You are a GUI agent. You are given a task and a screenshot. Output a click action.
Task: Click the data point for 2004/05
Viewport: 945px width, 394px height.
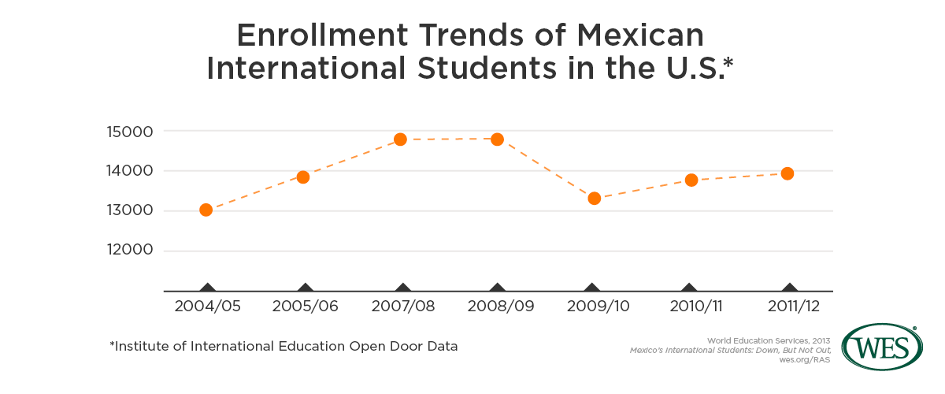pyautogui.click(x=206, y=210)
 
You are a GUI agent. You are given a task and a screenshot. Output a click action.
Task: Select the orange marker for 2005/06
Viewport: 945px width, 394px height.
pyautogui.click(x=303, y=177)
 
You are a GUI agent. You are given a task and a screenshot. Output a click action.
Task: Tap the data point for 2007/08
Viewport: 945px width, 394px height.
pyautogui.click(x=400, y=139)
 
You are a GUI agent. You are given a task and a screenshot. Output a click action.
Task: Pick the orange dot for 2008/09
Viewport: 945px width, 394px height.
pyautogui.click(x=497, y=139)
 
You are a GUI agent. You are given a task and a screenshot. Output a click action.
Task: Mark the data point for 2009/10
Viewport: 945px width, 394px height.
pyautogui.click(x=595, y=198)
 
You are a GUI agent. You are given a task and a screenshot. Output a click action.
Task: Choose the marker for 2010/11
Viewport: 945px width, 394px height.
pyautogui.click(x=691, y=180)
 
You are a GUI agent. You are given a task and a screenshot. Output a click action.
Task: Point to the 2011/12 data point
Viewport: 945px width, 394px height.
pyautogui.click(x=787, y=173)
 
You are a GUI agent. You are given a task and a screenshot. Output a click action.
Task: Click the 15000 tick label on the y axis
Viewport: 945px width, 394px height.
pyautogui.click(x=131, y=131)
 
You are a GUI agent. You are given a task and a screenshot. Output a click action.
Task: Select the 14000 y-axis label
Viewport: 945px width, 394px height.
pyautogui.click(x=131, y=171)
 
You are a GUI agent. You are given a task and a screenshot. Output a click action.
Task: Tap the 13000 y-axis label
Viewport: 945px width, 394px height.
pyautogui.click(x=131, y=211)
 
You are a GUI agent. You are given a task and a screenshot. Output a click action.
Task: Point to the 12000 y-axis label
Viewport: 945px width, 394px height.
pyautogui.click(x=131, y=251)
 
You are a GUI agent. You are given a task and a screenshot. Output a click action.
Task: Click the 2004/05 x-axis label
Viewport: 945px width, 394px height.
pyautogui.click(x=206, y=307)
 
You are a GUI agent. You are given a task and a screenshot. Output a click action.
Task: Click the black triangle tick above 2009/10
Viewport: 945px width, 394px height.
pyautogui.click(x=592, y=288)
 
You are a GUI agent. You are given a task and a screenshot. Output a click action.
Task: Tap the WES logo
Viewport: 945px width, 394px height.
pyautogui.click(x=883, y=345)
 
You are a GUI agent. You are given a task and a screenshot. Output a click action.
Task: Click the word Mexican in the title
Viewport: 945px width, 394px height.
pyautogui.click(x=639, y=36)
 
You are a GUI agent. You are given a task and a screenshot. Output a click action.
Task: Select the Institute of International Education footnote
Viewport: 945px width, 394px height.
pyautogui.click(x=283, y=346)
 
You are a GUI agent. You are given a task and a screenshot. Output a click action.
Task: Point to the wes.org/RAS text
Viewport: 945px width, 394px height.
pyautogui.click(x=807, y=359)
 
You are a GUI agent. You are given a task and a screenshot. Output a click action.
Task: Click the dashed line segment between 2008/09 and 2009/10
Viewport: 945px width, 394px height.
pyautogui.click(x=546, y=169)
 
